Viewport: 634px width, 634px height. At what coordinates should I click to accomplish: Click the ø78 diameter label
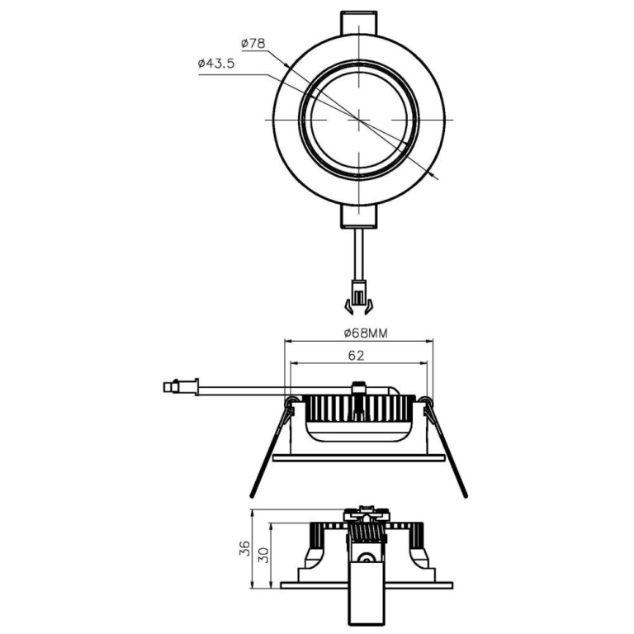(x=253, y=43)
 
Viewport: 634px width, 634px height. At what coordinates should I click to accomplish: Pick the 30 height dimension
(x=264, y=556)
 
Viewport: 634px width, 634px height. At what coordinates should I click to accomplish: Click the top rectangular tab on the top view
(x=359, y=21)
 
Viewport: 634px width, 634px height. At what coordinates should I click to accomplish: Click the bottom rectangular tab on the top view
(x=359, y=216)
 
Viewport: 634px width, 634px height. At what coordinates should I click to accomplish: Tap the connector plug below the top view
(x=358, y=296)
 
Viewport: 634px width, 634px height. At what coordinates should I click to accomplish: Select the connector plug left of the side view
(x=182, y=386)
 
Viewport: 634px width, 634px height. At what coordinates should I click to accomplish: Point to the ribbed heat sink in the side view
(x=359, y=408)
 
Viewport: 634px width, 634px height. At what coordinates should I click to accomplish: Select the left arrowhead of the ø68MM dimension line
(x=287, y=340)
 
